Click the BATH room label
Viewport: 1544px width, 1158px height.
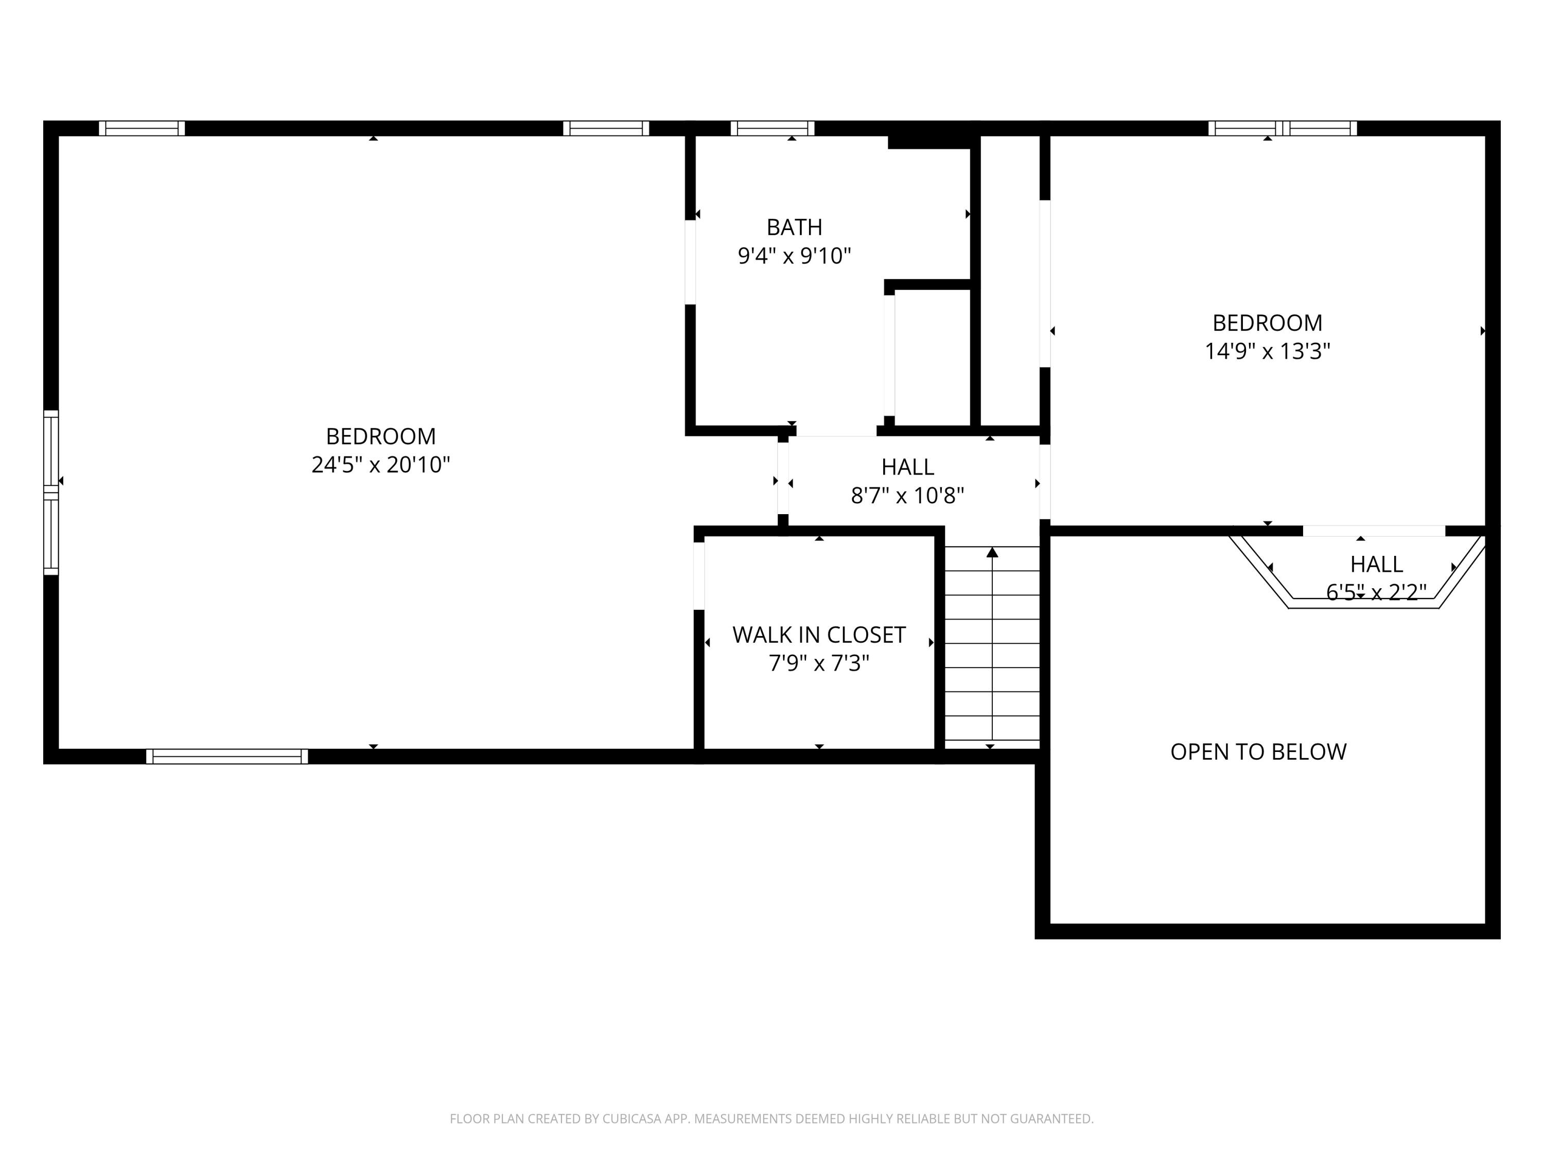(794, 227)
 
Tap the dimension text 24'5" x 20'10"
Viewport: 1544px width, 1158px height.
(380, 465)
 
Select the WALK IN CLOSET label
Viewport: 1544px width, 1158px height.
(818, 635)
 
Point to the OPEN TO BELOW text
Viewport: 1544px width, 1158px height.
(1258, 752)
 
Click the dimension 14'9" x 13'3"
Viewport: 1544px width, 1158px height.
(1267, 351)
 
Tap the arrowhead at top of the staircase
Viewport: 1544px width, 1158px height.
(992, 553)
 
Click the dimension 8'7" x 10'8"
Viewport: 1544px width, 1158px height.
(907, 496)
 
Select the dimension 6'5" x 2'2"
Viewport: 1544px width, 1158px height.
(1375, 592)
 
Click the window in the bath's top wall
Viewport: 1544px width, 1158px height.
(772, 129)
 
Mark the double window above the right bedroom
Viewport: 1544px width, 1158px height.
(1282, 129)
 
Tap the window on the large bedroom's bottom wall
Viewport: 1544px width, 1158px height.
(227, 757)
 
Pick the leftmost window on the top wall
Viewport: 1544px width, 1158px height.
(142, 129)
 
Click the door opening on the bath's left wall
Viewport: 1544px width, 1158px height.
(690, 262)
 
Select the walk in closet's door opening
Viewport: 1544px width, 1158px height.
(699, 576)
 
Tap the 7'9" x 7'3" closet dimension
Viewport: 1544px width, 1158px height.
(818, 663)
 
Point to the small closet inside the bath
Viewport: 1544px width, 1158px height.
(932, 356)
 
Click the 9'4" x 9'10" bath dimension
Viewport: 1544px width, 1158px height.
(794, 256)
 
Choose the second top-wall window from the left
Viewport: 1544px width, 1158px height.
(606, 129)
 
